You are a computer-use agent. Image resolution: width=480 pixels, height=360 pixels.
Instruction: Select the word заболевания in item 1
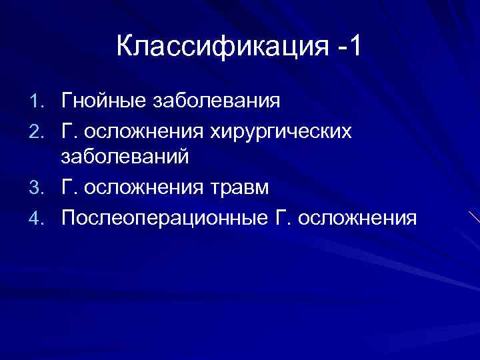(217, 102)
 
